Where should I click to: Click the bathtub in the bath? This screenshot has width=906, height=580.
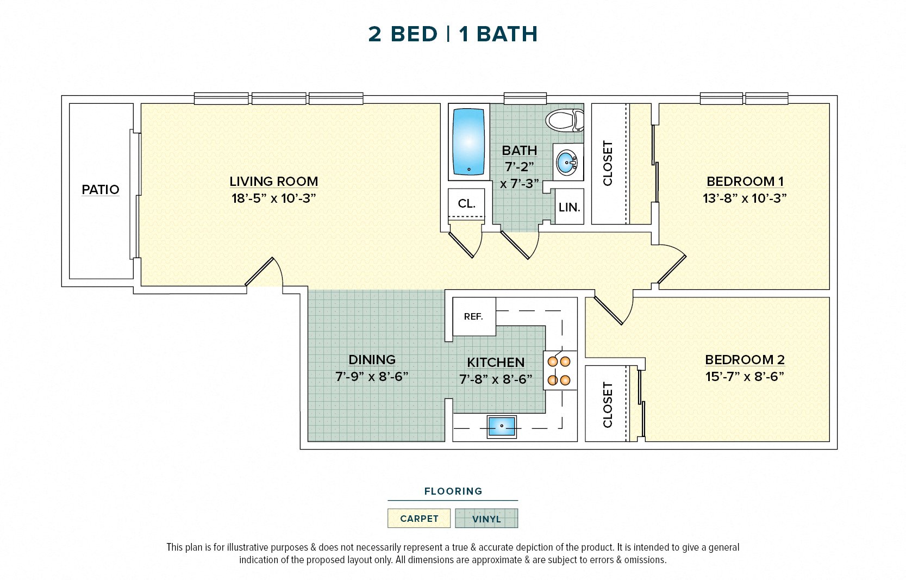[x=468, y=142]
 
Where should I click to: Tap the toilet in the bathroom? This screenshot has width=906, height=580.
[x=565, y=120]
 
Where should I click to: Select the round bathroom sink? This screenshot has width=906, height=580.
[x=567, y=162]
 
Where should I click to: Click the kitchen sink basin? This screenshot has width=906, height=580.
[x=501, y=426]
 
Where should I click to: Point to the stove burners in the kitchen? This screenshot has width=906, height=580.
[x=559, y=370]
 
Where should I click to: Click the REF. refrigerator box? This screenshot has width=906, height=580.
[x=473, y=316]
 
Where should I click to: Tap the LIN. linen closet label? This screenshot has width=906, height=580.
[x=569, y=207]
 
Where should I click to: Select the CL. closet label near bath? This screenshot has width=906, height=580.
[x=466, y=204]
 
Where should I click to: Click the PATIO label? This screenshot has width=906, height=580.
[x=101, y=190]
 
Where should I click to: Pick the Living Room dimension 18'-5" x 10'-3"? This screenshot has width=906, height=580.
[x=273, y=198]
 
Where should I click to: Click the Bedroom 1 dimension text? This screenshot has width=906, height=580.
[x=744, y=198]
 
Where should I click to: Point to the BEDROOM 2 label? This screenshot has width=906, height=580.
[x=744, y=359]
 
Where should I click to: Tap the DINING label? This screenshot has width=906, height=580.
[x=372, y=359]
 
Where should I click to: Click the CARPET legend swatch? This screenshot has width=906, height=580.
[x=419, y=519]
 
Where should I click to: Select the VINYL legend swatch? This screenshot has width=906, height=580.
[x=486, y=519]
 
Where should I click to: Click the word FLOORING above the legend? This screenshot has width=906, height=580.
[x=453, y=491]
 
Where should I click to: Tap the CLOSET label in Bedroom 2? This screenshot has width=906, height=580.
[x=608, y=404]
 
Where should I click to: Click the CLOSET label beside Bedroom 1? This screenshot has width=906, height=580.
[x=608, y=163]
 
